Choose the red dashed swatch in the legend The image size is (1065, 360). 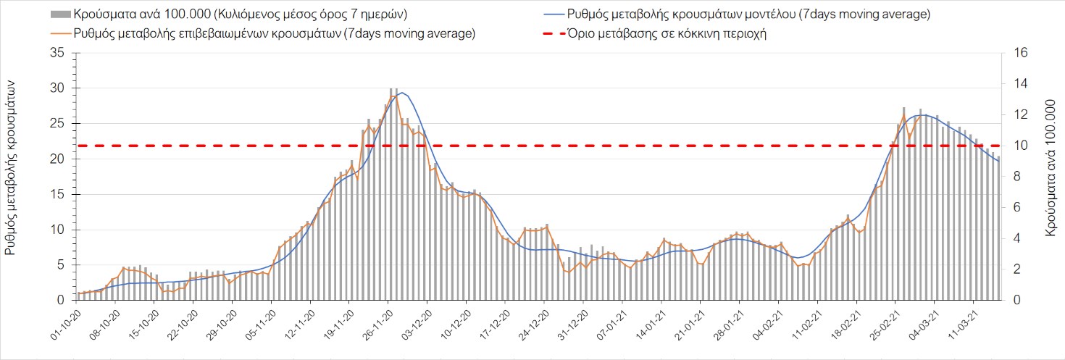(x=559, y=34)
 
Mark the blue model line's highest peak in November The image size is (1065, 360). (x=402, y=92)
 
